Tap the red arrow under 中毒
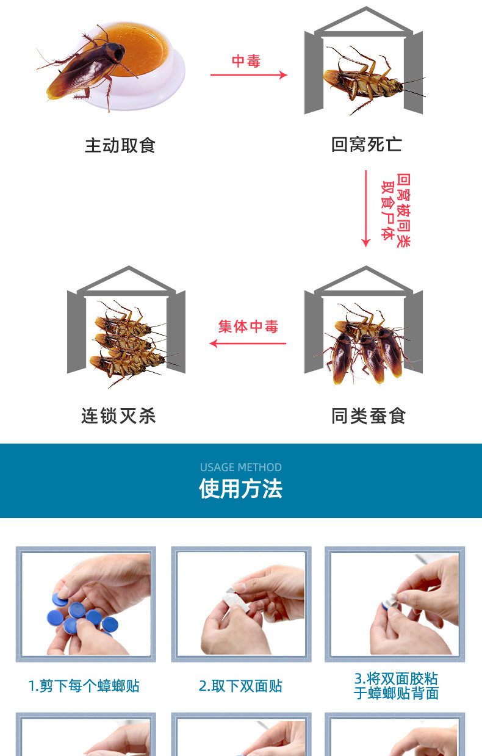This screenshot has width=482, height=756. click(249, 74)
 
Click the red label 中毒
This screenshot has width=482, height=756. click(246, 61)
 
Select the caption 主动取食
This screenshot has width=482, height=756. click(120, 145)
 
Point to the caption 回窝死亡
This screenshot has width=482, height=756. click(367, 145)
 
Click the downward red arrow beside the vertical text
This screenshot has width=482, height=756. click(366, 209)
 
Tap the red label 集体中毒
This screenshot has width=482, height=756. click(248, 326)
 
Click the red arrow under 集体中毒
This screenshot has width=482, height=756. click(248, 344)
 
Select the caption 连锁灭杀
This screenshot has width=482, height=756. click(118, 416)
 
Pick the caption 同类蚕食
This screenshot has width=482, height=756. click(369, 416)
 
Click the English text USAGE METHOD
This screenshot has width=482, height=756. click(240, 467)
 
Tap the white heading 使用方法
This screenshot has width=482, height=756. click(240, 488)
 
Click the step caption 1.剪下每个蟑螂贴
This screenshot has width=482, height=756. click(84, 686)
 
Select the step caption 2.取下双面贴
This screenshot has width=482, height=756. click(240, 686)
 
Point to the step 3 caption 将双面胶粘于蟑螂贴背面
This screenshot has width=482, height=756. click(396, 686)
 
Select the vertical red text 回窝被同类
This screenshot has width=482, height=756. click(403, 211)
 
